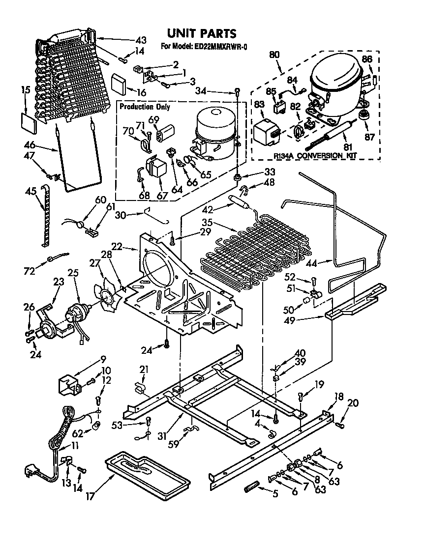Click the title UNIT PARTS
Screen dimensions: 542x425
(202, 33)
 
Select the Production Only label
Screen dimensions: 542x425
(143, 106)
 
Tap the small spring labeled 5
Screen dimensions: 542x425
(251, 490)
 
